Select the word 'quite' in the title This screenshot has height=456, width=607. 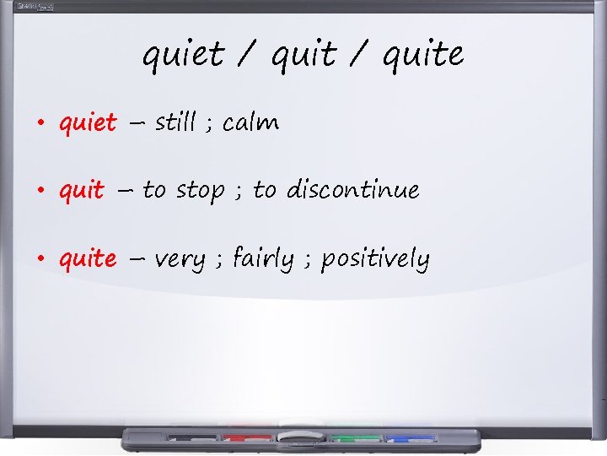click(x=422, y=56)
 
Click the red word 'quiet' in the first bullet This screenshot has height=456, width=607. click(x=88, y=123)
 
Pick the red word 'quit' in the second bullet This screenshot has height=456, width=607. click(x=82, y=191)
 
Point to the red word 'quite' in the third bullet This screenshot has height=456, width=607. click(x=88, y=258)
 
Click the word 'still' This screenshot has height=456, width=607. click(x=176, y=122)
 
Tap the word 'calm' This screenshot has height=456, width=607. click(x=250, y=123)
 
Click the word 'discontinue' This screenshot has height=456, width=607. click(x=352, y=190)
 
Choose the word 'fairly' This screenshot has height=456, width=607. click(x=263, y=258)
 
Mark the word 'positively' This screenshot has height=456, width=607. click(x=375, y=258)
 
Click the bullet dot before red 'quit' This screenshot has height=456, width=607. click(x=40, y=191)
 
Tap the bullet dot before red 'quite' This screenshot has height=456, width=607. click(x=40, y=258)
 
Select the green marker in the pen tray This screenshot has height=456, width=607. click(x=355, y=438)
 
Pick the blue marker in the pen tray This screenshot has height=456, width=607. click(x=411, y=438)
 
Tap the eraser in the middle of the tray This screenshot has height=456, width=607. click(x=301, y=437)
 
